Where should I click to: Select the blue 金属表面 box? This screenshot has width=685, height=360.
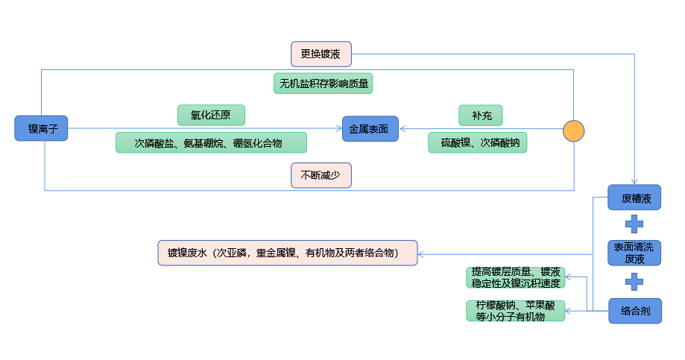(370, 129)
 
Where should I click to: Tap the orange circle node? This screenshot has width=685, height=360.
(573, 130)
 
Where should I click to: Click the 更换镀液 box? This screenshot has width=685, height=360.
(321, 54)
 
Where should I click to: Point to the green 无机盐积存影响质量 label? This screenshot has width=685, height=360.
(323, 83)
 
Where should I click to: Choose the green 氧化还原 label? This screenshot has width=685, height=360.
(212, 115)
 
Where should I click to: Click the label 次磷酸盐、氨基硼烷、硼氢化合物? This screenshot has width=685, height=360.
(212, 142)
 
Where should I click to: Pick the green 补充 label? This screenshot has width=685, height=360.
(481, 115)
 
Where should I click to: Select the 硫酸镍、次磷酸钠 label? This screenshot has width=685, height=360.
(477, 142)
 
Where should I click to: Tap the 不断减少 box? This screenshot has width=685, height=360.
(321, 176)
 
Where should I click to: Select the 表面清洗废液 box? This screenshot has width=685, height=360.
(634, 253)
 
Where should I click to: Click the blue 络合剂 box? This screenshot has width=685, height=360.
(634, 310)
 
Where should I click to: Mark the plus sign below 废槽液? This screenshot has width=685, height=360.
(634, 224)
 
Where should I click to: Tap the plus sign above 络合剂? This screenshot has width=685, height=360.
(634, 282)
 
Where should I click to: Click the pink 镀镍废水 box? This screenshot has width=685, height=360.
(288, 253)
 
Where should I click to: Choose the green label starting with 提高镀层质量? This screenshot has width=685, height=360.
(516, 277)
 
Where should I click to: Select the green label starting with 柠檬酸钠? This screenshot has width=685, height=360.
(516, 311)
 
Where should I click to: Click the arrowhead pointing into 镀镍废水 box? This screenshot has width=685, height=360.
(421, 253)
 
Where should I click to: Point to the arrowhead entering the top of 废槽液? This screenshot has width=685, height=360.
(634, 182)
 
